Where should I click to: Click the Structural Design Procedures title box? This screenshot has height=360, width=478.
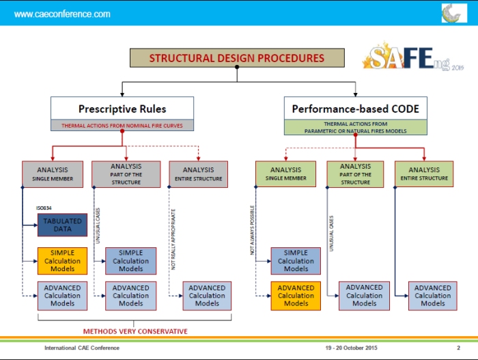click(x=237, y=58)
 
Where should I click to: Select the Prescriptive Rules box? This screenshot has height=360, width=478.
click(x=122, y=109)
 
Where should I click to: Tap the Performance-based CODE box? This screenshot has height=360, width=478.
click(x=355, y=109)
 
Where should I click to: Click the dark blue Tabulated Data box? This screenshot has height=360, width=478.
click(x=62, y=225)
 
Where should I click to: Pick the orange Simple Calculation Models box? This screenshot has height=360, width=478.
click(x=62, y=261)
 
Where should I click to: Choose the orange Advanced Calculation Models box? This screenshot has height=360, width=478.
click(x=296, y=296)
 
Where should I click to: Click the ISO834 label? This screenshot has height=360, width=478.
click(x=44, y=208)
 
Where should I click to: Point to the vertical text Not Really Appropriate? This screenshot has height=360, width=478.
click(x=174, y=239)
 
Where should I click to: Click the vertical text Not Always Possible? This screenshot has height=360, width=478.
click(x=253, y=230)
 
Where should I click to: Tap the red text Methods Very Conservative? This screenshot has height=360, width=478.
click(x=135, y=331)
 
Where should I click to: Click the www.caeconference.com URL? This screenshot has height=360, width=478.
click(x=61, y=14)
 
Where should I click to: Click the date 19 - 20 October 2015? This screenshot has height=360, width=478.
click(x=351, y=348)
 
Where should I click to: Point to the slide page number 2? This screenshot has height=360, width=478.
click(x=458, y=348)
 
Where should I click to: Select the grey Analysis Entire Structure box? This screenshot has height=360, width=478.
click(x=198, y=174)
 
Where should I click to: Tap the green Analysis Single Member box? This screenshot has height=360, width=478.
click(x=285, y=174)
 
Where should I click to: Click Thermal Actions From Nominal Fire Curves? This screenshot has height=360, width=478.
click(x=122, y=126)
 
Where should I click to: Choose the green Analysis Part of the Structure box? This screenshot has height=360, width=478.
click(x=355, y=174)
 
